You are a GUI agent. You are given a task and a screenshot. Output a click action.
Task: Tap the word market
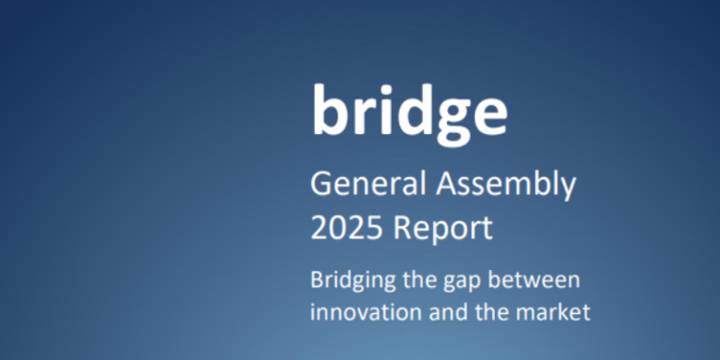tap(551, 311)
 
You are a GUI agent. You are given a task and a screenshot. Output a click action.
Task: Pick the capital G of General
tap(320, 185)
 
